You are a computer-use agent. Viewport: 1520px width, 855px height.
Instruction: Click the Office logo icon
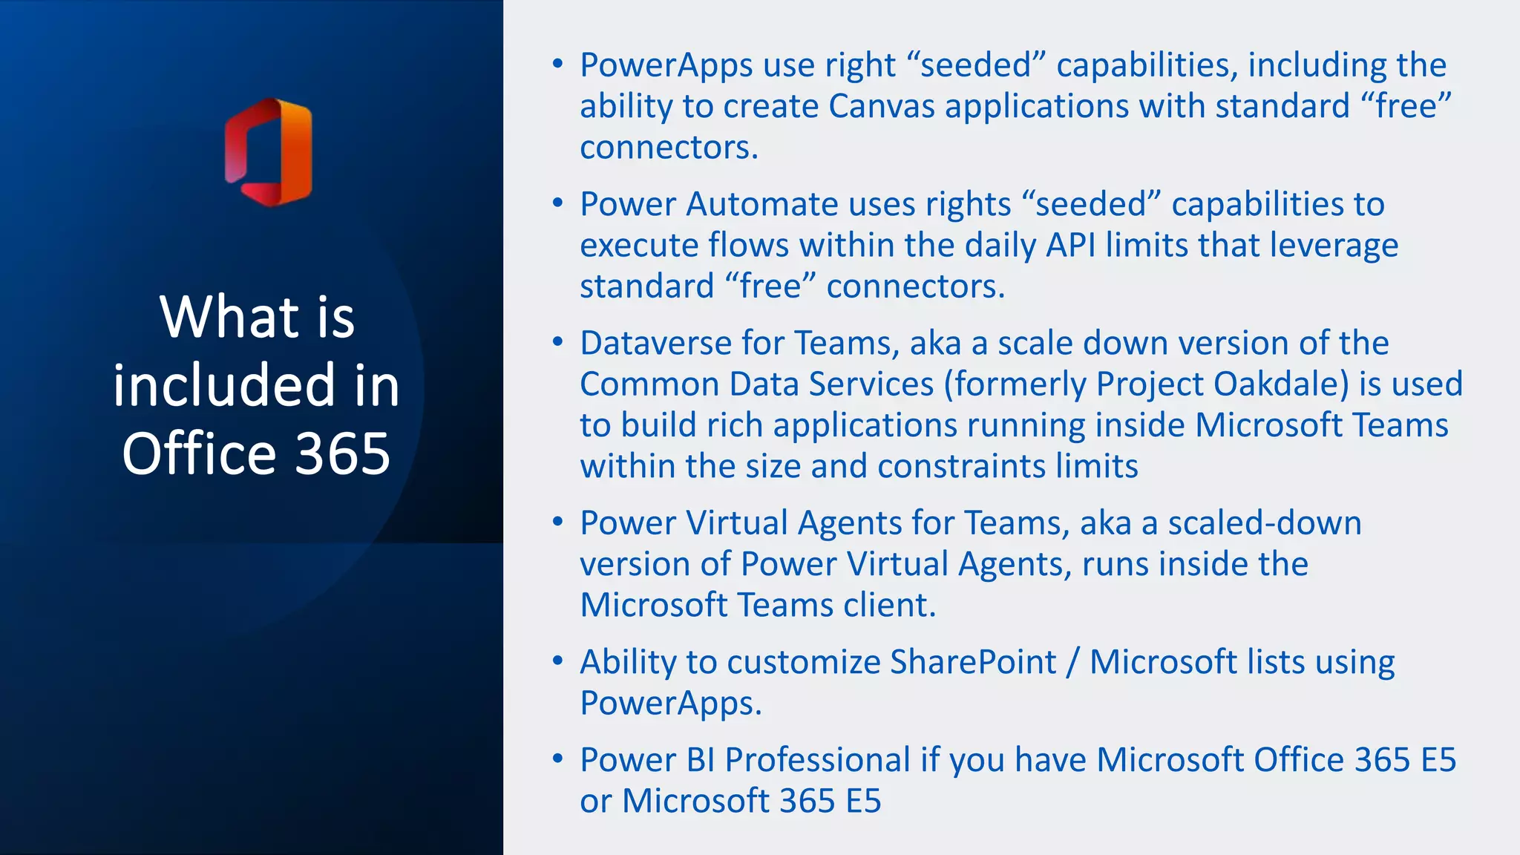tap(269, 152)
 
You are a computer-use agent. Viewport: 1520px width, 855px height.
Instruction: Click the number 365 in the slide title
tap(342, 453)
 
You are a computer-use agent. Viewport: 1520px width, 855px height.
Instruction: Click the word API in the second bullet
tap(1070, 245)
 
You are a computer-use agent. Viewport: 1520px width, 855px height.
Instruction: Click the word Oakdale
tap(1281, 384)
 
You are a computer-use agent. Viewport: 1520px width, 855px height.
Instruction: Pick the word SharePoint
tap(972, 662)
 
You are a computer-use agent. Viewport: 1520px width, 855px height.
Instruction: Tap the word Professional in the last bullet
tap(817, 760)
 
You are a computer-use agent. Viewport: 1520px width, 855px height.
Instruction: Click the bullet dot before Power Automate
tap(558, 203)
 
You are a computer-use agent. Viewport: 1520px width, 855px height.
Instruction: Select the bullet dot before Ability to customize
tap(558, 661)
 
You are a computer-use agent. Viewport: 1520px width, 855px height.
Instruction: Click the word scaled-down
tap(1265, 523)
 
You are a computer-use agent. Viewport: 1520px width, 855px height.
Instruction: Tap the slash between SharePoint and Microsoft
tap(1072, 662)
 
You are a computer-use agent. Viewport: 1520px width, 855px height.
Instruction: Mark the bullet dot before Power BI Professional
tap(558, 759)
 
